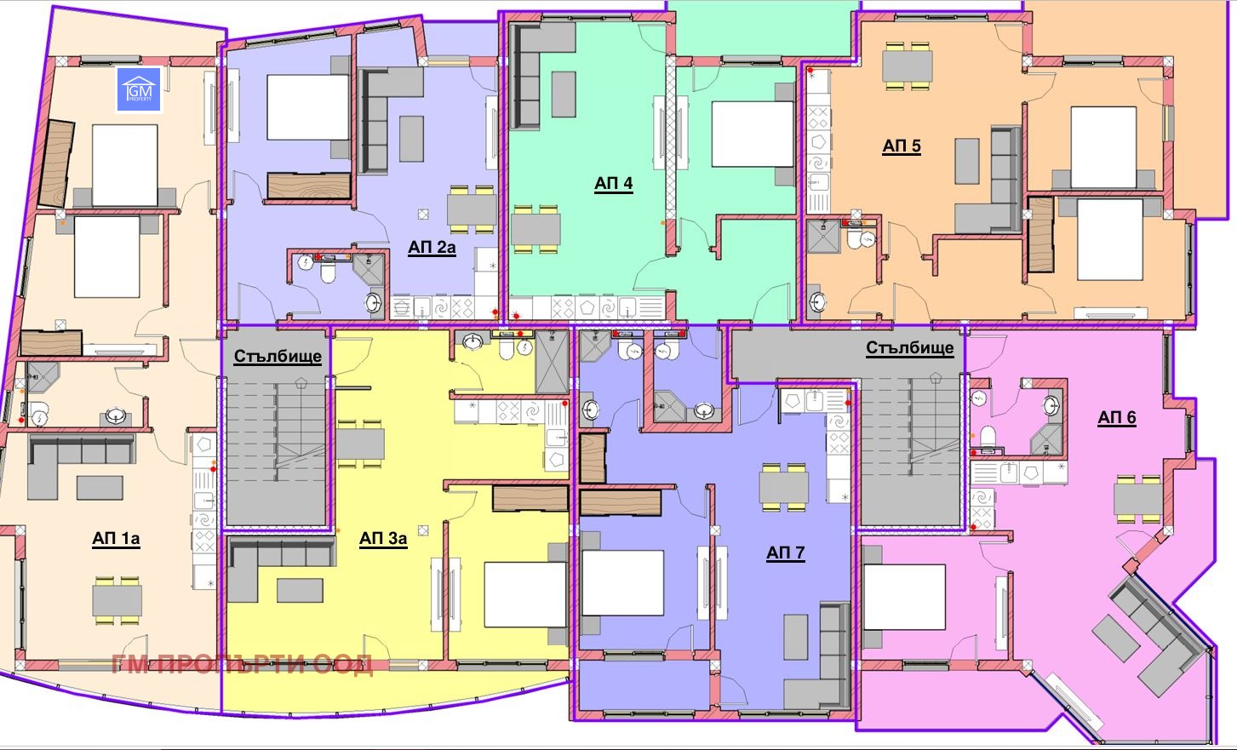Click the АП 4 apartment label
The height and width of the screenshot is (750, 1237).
(614, 183)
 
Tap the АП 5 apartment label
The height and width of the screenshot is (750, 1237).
(902, 146)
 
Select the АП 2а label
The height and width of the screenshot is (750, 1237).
(432, 248)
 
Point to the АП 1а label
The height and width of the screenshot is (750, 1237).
(116, 539)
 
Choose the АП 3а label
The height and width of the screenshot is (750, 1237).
(383, 539)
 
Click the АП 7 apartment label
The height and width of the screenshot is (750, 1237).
(785, 552)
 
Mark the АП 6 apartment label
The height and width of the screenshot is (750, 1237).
(1117, 417)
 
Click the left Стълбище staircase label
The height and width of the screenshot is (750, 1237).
(278, 356)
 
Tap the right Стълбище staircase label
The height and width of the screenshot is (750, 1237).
(909, 348)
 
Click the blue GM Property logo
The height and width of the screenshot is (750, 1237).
(139, 89)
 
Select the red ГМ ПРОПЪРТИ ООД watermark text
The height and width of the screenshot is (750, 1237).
(242, 664)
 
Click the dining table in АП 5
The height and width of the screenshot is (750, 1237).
(908, 66)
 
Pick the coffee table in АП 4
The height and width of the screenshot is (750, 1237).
(564, 94)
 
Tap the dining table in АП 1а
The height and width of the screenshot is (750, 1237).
(117, 601)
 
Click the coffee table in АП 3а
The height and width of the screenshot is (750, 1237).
(300, 591)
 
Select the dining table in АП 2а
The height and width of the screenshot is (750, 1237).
(472, 210)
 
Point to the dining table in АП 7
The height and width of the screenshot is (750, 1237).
(783, 488)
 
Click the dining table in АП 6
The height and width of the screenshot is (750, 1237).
(1138, 499)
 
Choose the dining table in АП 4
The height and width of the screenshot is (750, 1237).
(535, 229)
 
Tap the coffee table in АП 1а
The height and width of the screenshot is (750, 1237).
(100, 488)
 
